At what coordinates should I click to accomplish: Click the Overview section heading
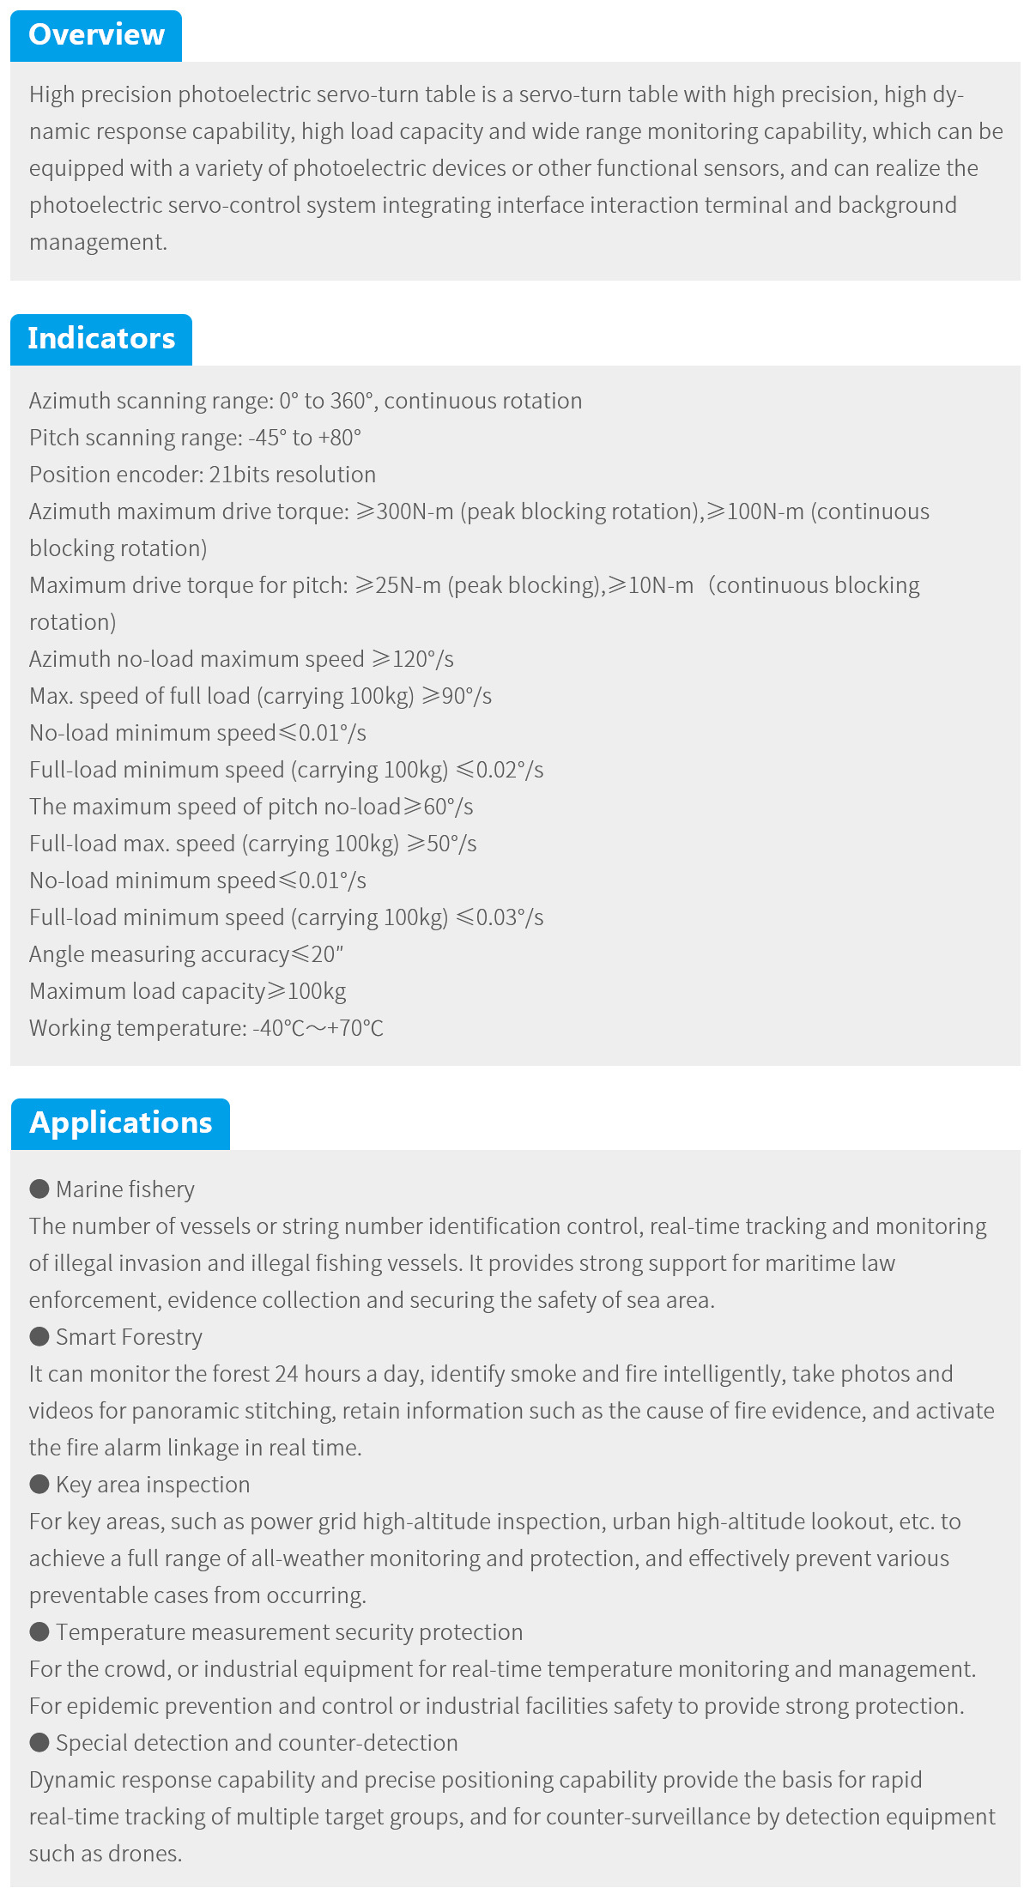click(96, 35)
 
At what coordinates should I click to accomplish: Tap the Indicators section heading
click(101, 339)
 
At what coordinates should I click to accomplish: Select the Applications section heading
click(120, 1123)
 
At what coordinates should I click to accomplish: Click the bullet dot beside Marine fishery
click(39, 1189)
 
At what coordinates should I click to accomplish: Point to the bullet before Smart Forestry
click(39, 1336)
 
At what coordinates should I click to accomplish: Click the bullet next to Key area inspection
click(39, 1484)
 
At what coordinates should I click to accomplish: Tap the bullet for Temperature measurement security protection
click(39, 1631)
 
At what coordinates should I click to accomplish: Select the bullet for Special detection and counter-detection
click(39, 1742)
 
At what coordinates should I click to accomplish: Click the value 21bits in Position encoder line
click(234, 475)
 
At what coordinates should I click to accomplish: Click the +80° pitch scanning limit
click(340, 438)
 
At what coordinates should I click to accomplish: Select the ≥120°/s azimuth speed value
click(412, 659)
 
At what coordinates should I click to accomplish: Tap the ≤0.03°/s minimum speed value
click(500, 917)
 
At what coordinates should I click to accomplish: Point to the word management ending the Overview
click(96, 242)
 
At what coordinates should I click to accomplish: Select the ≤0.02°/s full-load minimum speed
click(500, 770)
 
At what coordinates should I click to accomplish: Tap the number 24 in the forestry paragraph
click(286, 1374)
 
